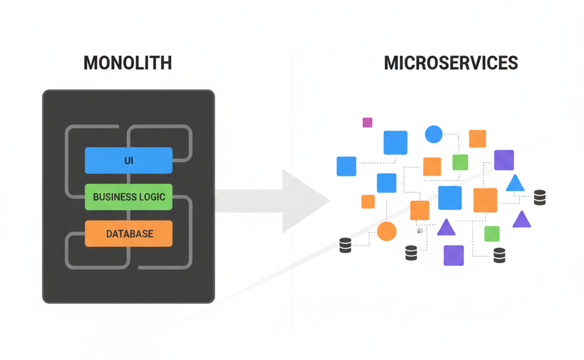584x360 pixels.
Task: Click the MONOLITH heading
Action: click(127, 62)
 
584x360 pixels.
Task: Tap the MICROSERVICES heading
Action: click(451, 62)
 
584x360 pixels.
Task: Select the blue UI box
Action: click(128, 160)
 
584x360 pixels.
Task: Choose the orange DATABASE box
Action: click(128, 233)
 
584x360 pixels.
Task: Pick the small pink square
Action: click(367, 122)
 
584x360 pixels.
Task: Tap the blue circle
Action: click(433, 134)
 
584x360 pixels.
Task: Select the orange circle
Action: click(387, 231)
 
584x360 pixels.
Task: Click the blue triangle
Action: click(515, 184)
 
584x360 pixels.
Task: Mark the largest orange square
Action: click(485, 200)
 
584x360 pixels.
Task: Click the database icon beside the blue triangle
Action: click(540, 197)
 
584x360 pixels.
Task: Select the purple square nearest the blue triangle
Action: click(504, 160)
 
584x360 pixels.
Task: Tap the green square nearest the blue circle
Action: click(460, 162)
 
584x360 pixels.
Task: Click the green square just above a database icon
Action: click(492, 233)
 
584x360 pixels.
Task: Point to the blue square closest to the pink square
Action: click(395, 143)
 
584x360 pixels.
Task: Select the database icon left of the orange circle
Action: click(344, 245)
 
